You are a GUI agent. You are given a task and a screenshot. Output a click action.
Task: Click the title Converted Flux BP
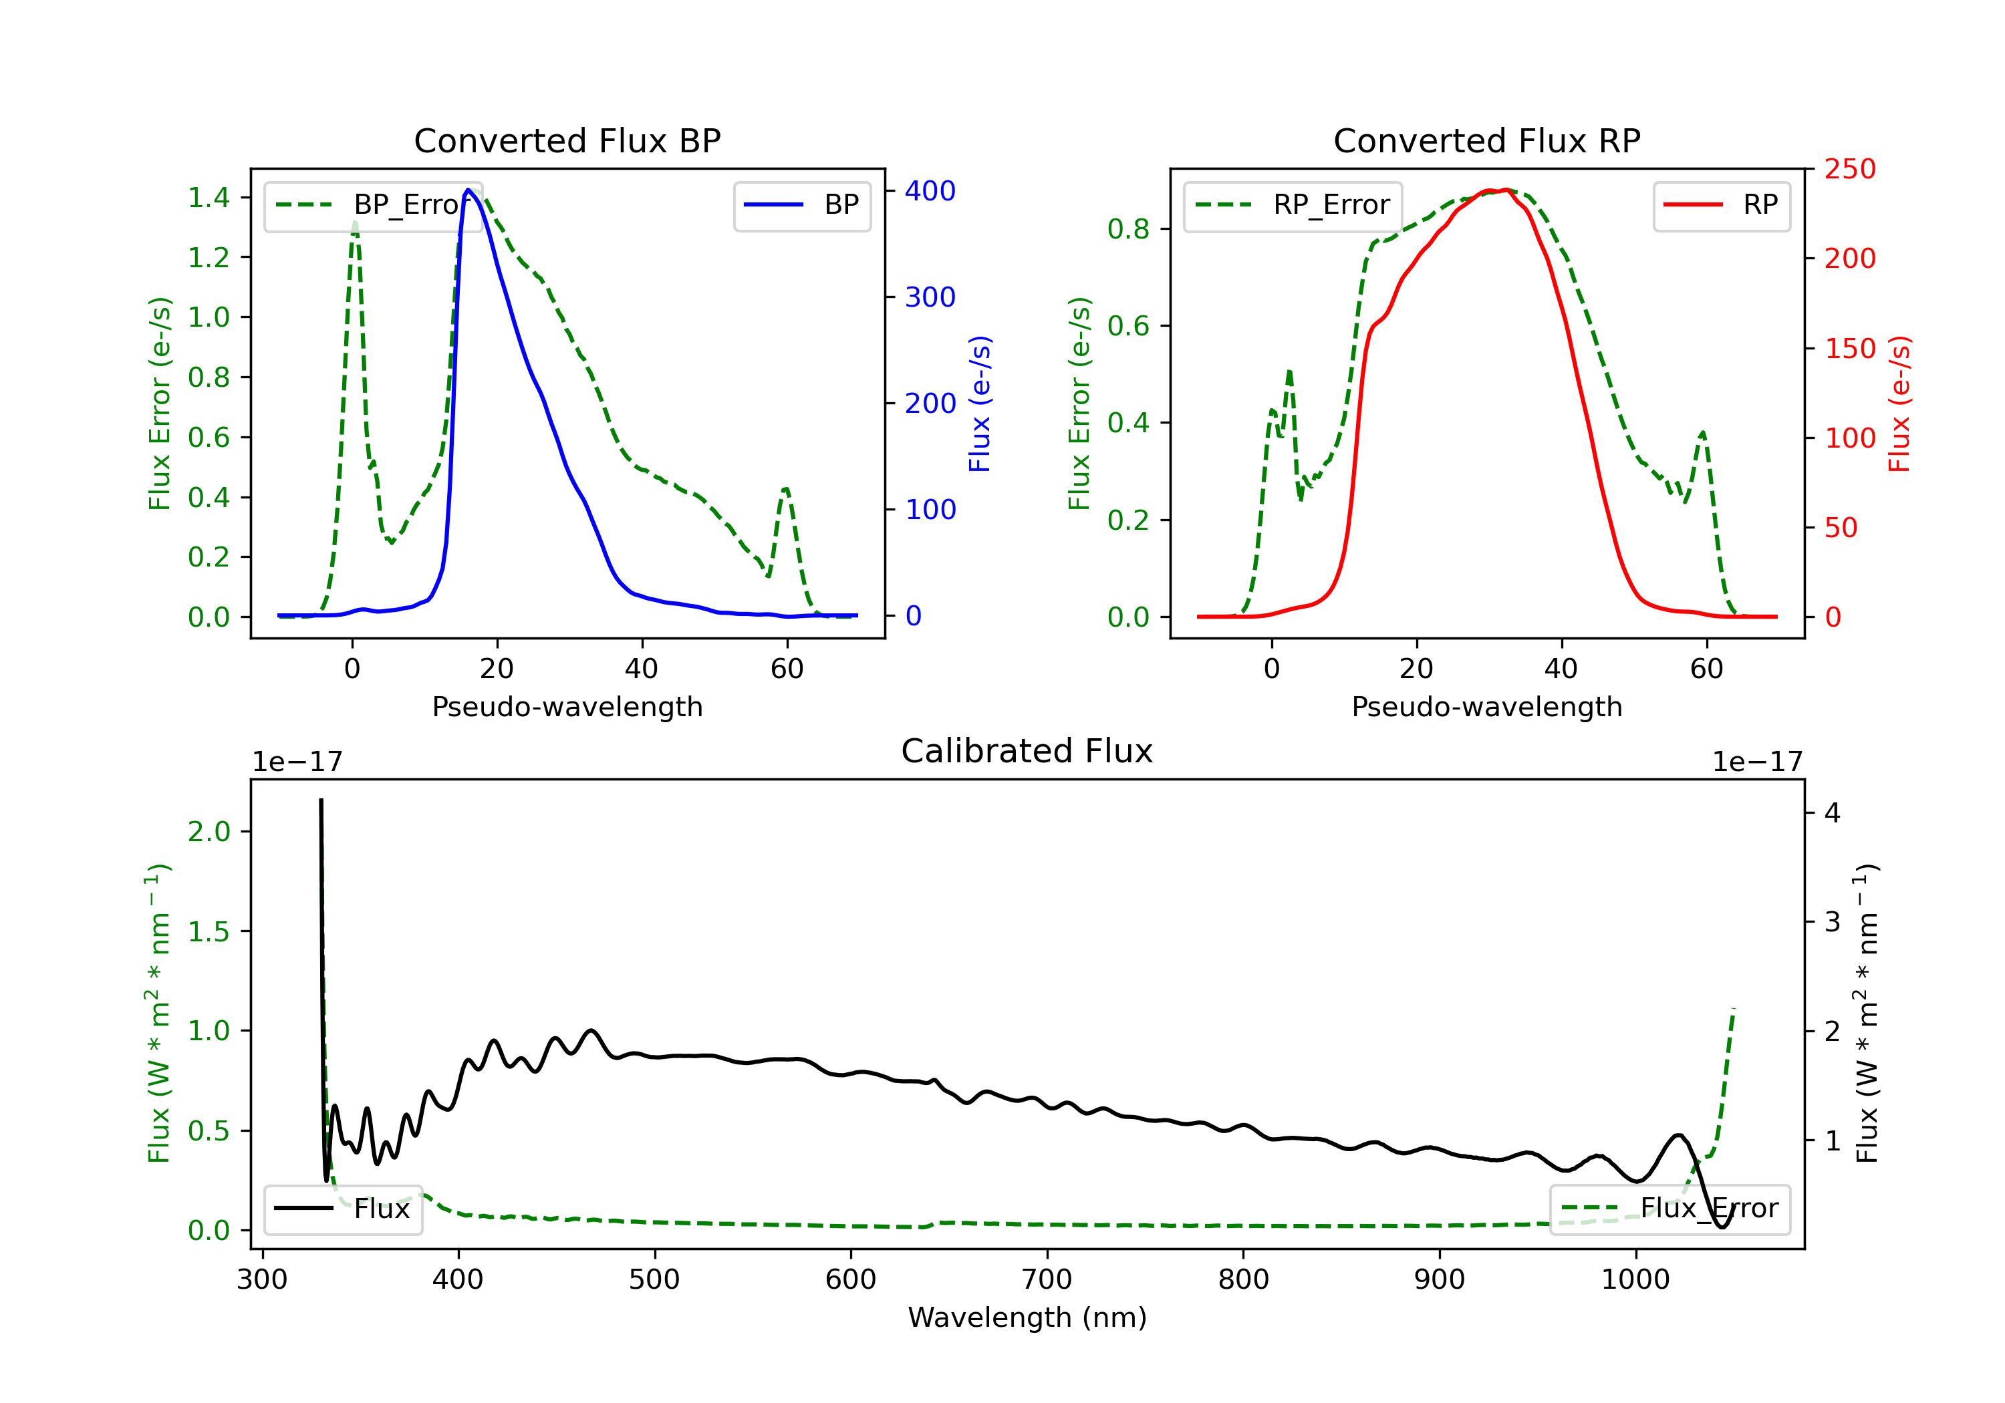[x=567, y=140]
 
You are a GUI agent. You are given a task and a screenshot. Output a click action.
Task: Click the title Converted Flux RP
[x=1486, y=140]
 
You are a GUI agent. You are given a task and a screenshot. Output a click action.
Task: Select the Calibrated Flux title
[x=1027, y=751]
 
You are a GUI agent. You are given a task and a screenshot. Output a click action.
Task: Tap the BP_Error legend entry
[x=373, y=205]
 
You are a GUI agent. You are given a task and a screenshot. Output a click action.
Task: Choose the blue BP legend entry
[x=801, y=205]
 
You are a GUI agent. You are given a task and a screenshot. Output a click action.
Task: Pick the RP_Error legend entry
[x=1293, y=205]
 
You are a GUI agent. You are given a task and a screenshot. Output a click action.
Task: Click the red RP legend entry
[x=1721, y=205]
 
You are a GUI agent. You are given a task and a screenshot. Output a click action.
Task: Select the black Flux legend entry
[x=342, y=1209]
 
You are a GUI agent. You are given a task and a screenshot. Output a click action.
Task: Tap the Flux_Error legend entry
[x=1669, y=1209]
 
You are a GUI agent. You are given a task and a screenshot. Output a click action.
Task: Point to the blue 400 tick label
[x=930, y=191]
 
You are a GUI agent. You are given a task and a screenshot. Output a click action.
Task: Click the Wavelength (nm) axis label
[x=1027, y=1317]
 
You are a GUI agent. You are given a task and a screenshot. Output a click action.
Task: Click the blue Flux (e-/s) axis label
[x=980, y=404]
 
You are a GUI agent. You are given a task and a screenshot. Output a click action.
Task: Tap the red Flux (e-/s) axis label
[x=1899, y=404]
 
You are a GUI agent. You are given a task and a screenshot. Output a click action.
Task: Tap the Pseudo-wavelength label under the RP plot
[x=1486, y=706]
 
